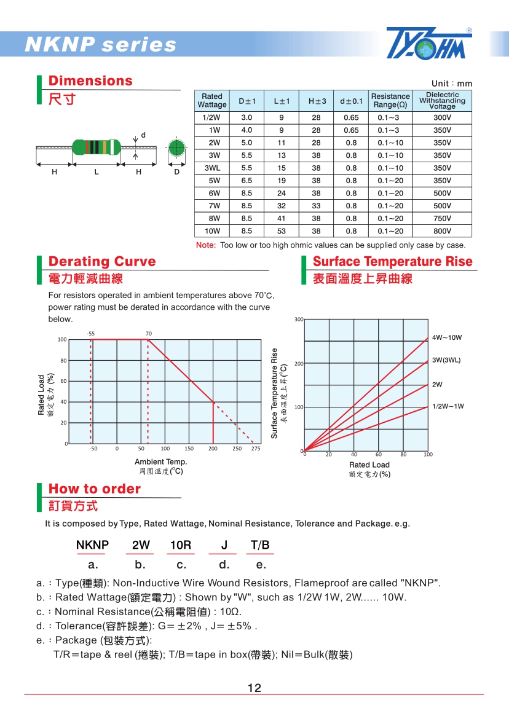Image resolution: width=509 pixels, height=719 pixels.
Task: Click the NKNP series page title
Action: (100, 45)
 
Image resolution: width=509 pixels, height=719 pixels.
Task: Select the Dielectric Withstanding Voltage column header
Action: (442, 100)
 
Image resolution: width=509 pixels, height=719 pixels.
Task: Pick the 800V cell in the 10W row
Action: (442, 231)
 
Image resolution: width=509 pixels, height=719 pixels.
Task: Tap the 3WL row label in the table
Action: (212, 168)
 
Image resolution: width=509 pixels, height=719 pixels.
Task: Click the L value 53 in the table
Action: (282, 231)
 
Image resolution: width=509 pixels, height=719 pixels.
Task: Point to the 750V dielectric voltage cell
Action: (442, 218)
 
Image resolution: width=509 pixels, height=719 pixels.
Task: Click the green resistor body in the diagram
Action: (96, 147)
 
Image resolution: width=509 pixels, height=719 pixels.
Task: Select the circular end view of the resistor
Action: (176, 147)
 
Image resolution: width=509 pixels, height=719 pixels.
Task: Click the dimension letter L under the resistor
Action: (97, 172)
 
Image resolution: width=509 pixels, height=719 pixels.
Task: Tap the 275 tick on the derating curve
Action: (256, 449)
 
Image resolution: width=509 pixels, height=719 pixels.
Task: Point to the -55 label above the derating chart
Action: (91, 334)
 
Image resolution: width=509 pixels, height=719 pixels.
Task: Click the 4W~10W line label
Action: (447, 337)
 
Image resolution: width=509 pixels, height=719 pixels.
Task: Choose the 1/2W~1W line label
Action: (448, 406)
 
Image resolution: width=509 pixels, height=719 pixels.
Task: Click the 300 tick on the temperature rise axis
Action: (299, 320)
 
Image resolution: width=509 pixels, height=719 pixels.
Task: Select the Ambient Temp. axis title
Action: (161, 462)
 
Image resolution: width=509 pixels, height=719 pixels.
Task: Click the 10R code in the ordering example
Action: (181, 545)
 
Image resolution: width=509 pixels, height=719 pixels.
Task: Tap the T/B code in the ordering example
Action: (260, 545)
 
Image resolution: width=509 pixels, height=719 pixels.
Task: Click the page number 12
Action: (254, 688)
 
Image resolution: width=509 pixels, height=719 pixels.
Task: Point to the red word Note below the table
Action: (205, 245)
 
